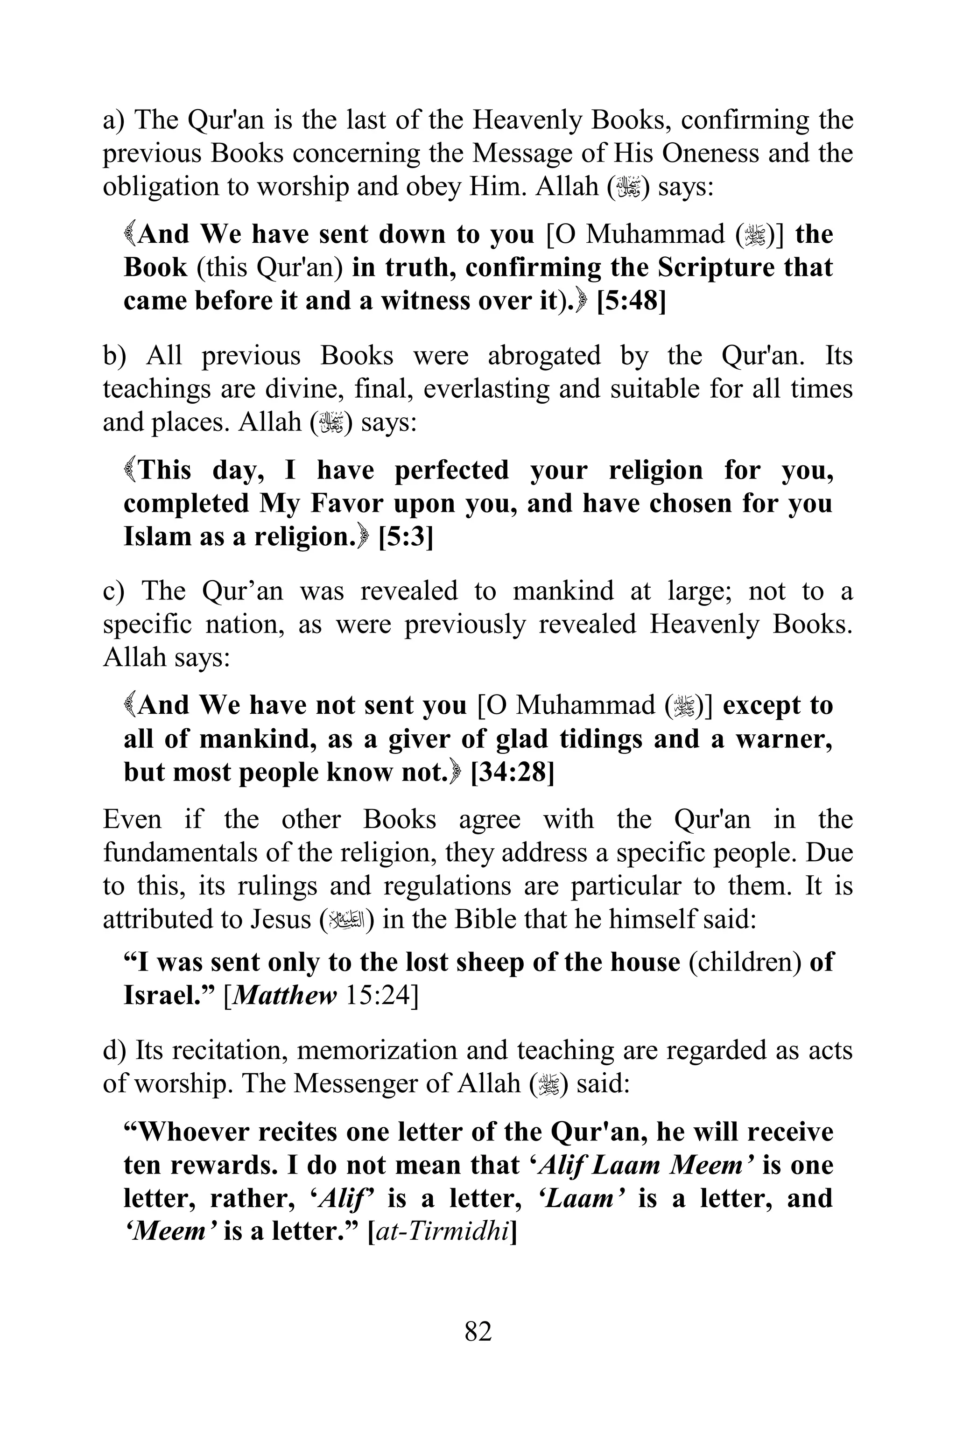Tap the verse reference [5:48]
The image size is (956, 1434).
631,301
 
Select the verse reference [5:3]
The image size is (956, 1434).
406,536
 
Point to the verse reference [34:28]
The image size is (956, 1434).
513,773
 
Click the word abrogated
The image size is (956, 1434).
544,355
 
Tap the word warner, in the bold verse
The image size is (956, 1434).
784,739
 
